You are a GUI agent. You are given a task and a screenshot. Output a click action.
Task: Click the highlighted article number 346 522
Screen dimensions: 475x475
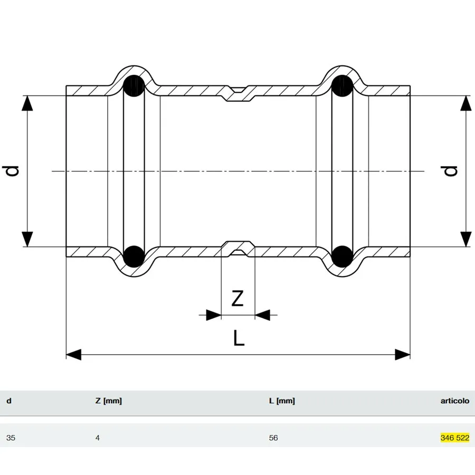455,438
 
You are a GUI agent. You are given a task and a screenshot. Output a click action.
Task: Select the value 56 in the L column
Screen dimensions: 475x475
273,438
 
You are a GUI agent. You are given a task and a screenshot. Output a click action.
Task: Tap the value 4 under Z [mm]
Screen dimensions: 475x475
97,438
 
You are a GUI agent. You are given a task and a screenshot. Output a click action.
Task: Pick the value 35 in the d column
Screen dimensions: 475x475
11,438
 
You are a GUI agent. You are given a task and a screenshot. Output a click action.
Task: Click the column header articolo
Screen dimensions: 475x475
455,401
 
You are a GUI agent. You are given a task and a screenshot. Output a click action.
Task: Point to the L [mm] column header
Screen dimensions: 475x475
282,401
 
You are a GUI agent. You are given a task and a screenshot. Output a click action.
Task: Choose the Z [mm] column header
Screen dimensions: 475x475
108,401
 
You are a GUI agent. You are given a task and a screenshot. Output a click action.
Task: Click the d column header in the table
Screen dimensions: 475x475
9,401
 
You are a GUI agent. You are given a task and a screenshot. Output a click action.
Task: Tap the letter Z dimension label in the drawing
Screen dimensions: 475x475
237,298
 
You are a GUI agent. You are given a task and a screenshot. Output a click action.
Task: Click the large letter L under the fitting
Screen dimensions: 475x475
239,338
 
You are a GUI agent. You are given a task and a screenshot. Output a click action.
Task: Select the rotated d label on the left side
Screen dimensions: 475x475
11,170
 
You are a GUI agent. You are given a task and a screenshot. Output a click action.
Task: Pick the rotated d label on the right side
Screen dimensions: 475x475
451,171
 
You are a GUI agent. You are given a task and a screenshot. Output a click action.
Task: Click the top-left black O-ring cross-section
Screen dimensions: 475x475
134,86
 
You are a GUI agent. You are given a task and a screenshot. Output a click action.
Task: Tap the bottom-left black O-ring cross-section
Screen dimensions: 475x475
134,256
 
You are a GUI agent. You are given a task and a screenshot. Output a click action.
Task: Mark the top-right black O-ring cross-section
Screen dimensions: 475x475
343,86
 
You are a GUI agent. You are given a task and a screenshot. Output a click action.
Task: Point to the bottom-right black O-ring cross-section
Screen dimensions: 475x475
343,256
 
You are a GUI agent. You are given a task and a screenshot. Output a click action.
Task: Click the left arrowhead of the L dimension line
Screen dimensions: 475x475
73,355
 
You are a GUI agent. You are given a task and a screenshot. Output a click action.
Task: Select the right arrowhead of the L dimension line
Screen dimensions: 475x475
403,355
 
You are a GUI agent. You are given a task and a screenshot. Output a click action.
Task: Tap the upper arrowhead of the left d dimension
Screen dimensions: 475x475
27,103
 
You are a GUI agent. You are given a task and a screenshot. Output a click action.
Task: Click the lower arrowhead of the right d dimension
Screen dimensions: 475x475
466,239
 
